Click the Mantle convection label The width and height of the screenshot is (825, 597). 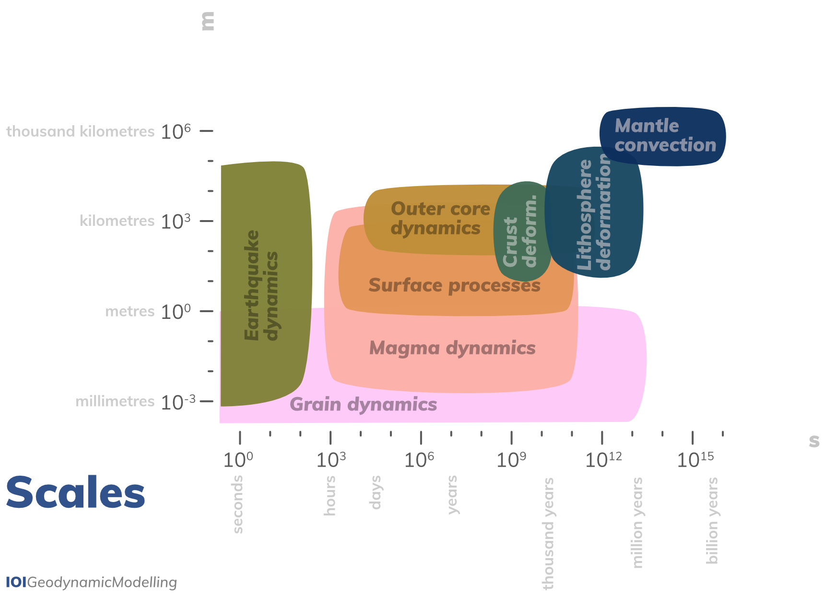click(x=665, y=136)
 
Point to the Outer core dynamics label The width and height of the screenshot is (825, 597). click(x=440, y=219)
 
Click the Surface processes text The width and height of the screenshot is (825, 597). click(x=454, y=285)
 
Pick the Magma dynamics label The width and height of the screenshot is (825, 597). click(x=452, y=348)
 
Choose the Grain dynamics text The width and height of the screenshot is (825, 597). click(x=364, y=405)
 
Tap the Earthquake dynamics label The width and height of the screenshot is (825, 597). click(x=261, y=285)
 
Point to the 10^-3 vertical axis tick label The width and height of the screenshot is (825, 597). click(x=178, y=402)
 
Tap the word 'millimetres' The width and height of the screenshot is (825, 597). click(x=115, y=401)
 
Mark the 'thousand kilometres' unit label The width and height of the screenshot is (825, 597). click(x=81, y=131)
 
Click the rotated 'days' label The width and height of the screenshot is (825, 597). click(x=375, y=492)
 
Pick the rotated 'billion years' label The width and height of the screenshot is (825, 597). click(x=712, y=520)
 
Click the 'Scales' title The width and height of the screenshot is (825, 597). click(x=75, y=492)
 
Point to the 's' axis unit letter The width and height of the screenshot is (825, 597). click(x=814, y=441)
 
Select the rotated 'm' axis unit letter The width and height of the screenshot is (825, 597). click(x=208, y=22)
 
